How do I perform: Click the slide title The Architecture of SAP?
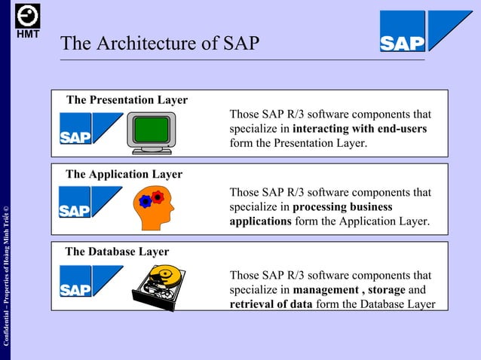click(160, 44)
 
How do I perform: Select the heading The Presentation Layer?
click(127, 100)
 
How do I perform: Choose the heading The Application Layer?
click(124, 174)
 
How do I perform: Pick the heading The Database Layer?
click(117, 252)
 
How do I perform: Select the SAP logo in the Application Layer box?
click(90, 203)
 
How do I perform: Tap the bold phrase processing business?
click(342, 206)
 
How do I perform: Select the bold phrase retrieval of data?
click(271, 304)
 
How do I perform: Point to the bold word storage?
click(387, 290)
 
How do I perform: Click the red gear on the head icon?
click(158, 197)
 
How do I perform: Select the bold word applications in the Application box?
click(260, 221)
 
